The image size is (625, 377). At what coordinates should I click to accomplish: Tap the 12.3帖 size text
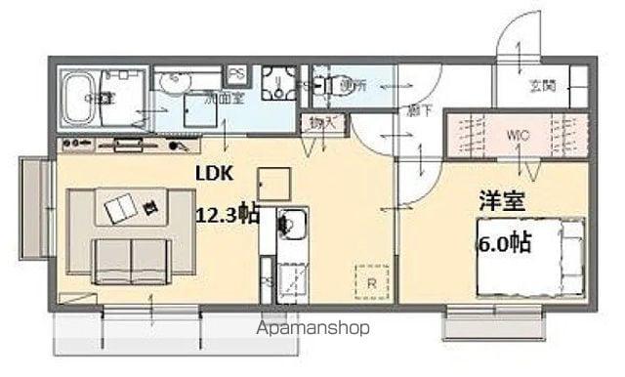(228, 213)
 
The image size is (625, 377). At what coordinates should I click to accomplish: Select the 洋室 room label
(501, 203)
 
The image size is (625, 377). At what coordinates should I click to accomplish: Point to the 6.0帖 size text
(504, 241)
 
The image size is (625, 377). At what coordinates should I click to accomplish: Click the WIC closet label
(518, 135)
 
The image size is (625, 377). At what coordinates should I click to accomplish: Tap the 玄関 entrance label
(544, 86)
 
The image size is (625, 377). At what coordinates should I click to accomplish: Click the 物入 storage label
(322, 122)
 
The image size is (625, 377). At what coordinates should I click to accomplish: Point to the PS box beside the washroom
(236, 73)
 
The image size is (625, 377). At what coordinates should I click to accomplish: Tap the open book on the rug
(123, 206)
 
